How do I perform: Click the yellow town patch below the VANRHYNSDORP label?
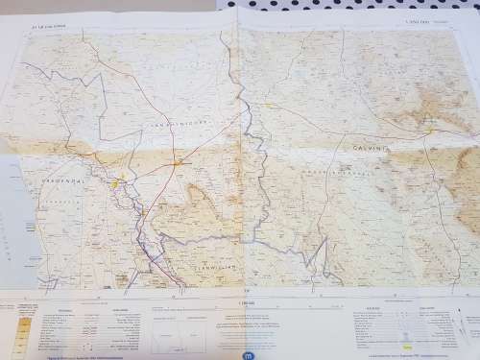click(x=177, y=162)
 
